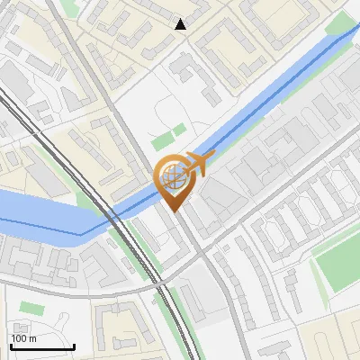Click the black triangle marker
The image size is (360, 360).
181,24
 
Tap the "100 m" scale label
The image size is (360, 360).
23,338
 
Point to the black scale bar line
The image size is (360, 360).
42,346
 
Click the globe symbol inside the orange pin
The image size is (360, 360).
173,175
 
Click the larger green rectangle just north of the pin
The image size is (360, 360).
163,141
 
